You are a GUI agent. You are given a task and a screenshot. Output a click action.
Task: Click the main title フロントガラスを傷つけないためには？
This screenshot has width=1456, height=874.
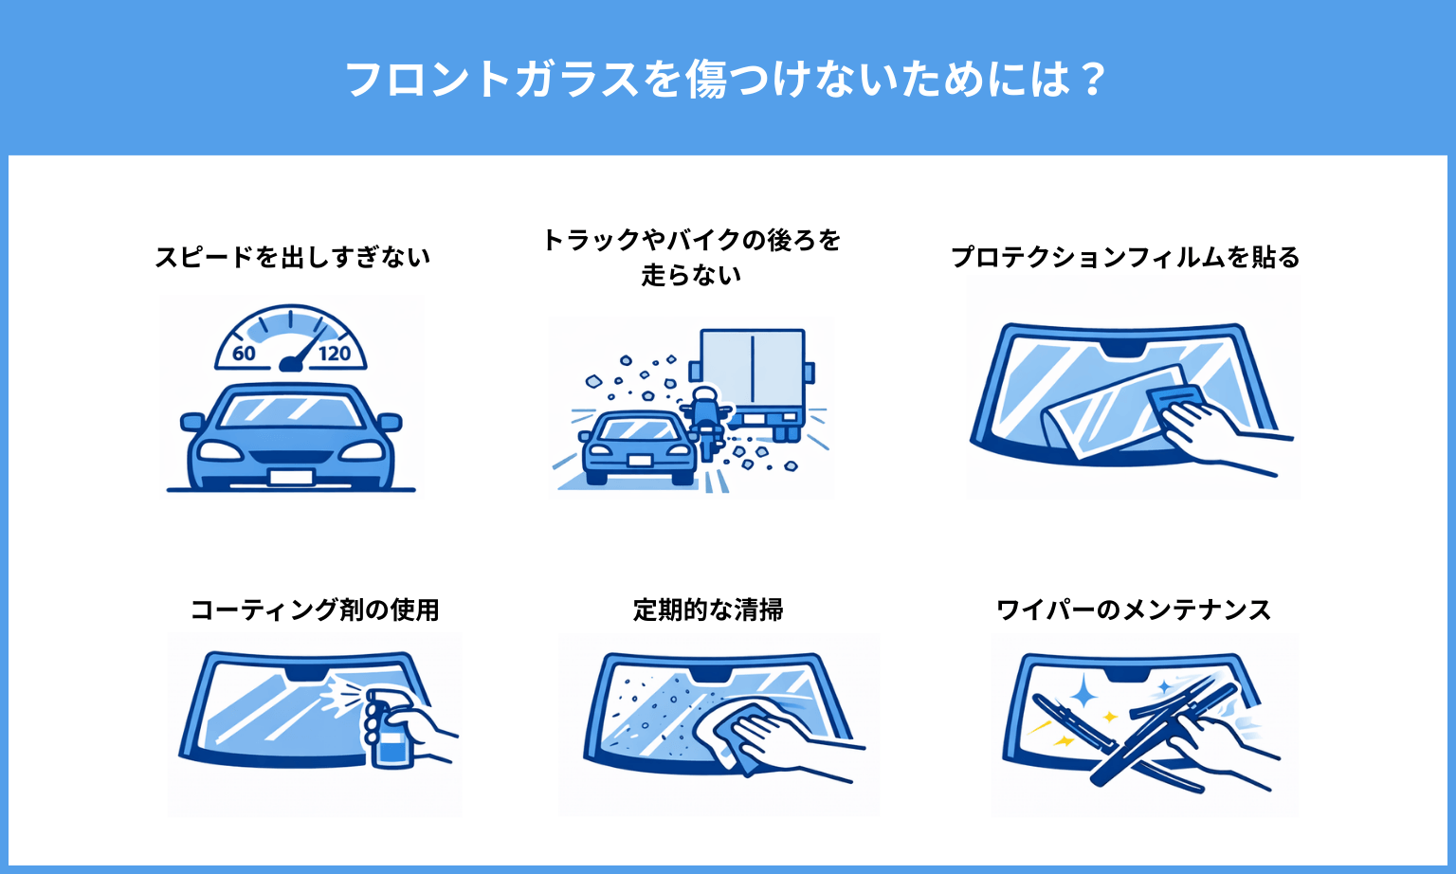click(726, 80)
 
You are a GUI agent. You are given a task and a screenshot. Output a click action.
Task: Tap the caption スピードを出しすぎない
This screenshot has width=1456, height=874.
click(293, 257)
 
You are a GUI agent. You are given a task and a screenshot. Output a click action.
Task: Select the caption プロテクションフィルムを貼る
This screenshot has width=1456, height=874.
click(1125, 257)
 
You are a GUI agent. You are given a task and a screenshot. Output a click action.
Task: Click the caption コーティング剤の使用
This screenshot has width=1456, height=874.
click(315, 610)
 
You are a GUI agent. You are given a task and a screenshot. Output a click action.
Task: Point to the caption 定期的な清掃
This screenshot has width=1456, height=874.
click(708, 610)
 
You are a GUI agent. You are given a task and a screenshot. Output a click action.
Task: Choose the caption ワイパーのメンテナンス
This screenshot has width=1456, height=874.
click(1134, 610)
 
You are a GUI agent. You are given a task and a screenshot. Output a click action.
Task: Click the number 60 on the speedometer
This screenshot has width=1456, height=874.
click(244, 354)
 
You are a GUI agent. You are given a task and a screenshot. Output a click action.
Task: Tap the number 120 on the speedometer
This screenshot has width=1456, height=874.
click(334, 354)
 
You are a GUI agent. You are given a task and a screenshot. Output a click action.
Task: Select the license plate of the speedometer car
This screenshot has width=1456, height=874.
click(291, 476)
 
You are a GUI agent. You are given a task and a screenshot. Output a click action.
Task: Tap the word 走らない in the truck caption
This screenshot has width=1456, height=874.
click(691, 275)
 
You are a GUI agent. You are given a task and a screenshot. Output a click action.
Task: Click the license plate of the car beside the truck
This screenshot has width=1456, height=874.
click(639, 461)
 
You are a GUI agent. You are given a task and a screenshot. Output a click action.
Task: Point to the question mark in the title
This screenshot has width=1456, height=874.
click(1093, 80)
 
